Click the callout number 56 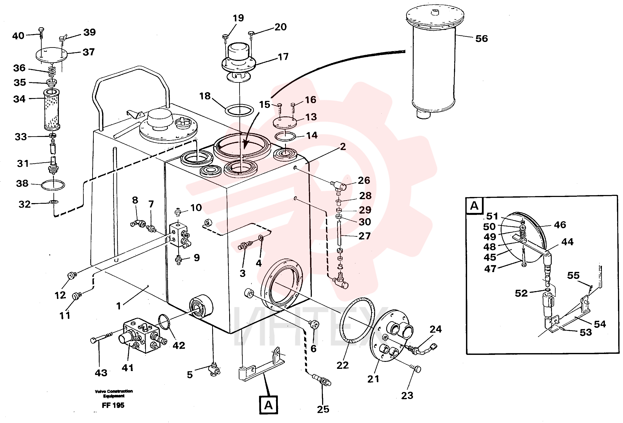coord(481,39)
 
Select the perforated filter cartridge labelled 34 coord(51,109)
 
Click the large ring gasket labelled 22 coord(357,320)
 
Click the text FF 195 coord(113,405)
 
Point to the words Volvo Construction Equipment coord(114,394)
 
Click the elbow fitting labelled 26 coord(339,186)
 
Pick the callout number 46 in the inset coord(560,225)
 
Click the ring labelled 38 coord(53,185)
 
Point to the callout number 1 coord(118,306)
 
